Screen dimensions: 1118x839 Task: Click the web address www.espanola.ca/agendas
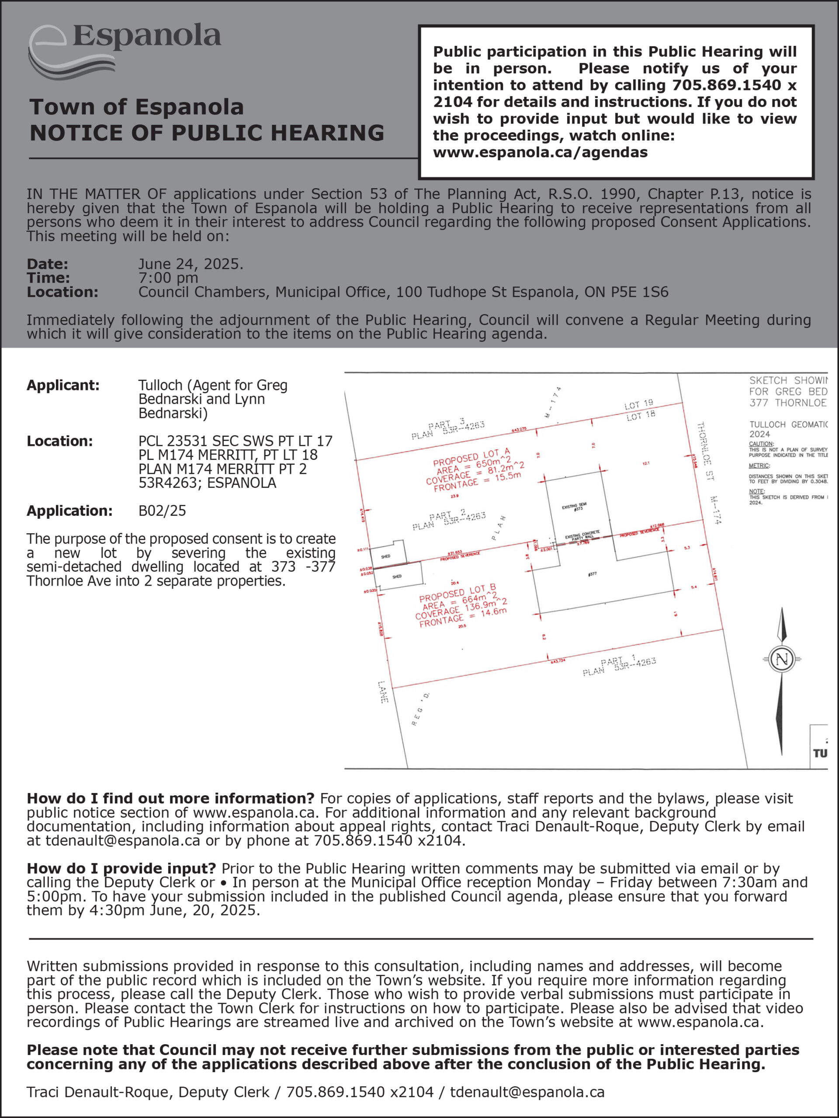540,152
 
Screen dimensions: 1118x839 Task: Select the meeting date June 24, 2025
190,264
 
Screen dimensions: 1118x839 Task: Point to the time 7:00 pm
168,277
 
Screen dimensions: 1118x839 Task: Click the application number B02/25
162,511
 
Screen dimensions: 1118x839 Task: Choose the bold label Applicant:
63,385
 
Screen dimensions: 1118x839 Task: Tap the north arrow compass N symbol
782,659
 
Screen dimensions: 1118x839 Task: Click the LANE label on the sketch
383,692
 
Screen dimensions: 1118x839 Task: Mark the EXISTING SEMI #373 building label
575,507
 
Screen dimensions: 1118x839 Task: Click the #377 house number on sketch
592,574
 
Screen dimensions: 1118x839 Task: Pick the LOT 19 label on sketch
639,404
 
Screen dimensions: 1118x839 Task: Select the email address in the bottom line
527,1092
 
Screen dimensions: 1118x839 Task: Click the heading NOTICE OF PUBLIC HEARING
207,132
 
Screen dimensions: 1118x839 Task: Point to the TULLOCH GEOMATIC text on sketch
788,424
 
